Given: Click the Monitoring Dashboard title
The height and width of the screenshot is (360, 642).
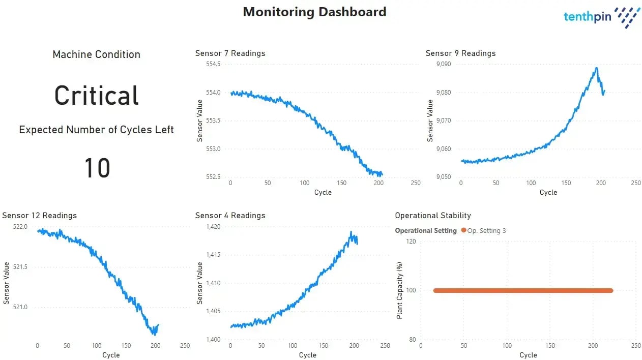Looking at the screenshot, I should [x=314, y=12].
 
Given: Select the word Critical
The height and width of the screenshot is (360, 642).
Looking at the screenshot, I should [x=96, y=95].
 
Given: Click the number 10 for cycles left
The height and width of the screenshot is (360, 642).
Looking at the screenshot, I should [x=97, y=168].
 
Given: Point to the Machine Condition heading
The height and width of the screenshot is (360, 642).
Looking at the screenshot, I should [x=96, y=54].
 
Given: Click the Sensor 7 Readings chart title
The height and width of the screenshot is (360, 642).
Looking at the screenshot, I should [x=230, y=53].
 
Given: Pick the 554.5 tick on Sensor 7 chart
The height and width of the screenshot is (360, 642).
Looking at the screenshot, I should [x=213, y=64].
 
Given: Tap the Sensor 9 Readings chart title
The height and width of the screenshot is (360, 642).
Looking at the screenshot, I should [x=460, y=53].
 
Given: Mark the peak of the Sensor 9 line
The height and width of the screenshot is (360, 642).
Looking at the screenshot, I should [x=596, y=68].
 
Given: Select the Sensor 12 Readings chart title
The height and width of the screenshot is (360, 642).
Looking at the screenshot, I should [x=39, y=216].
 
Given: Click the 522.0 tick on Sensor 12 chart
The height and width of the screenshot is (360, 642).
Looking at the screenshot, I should [x=20, y=227].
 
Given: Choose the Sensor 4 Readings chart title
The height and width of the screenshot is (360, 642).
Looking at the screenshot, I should [x=230, y=216].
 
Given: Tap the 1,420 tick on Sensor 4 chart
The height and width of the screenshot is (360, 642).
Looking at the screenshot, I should [x=213, y=227].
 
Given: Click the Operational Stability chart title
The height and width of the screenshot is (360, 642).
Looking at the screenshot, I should [x=433, y=216].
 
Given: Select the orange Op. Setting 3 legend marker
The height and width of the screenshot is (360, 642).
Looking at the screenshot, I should [x=463, y=230].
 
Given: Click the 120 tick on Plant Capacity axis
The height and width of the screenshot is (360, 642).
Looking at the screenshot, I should [x=410, y=242].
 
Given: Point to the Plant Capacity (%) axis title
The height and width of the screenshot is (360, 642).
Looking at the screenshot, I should [x=400, y=290].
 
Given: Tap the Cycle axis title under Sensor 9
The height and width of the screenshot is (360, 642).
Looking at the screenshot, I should [x=548, y=192].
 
